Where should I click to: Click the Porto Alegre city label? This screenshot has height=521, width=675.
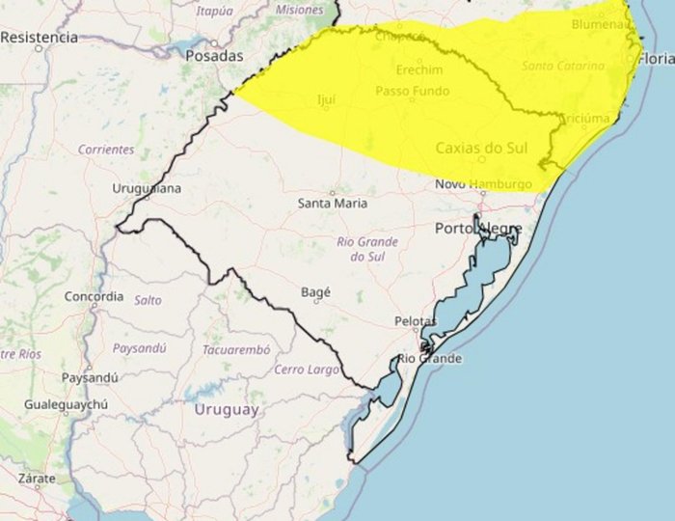click(478, 229)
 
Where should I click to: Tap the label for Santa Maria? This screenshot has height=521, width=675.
click(332, 204)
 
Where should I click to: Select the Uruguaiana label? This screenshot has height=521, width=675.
click(147, 188)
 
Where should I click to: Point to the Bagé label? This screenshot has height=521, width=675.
click(316, 291)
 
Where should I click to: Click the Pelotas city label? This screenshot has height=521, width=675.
click(416, 320)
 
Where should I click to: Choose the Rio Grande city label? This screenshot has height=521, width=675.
click(430, 359)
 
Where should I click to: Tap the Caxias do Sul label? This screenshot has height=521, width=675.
click(481, 149)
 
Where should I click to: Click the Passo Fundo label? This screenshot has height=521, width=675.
click(412, 92)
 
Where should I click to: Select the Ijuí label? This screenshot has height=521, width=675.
click(326, 99)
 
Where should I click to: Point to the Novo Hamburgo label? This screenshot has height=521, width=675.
click(483, 184)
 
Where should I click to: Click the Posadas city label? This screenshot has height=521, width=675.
click(214, 56)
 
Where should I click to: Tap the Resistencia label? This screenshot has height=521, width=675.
click(39, 37)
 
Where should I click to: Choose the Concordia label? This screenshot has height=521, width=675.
click(94, 296)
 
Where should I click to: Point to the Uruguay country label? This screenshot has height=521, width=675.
click(227, 410)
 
